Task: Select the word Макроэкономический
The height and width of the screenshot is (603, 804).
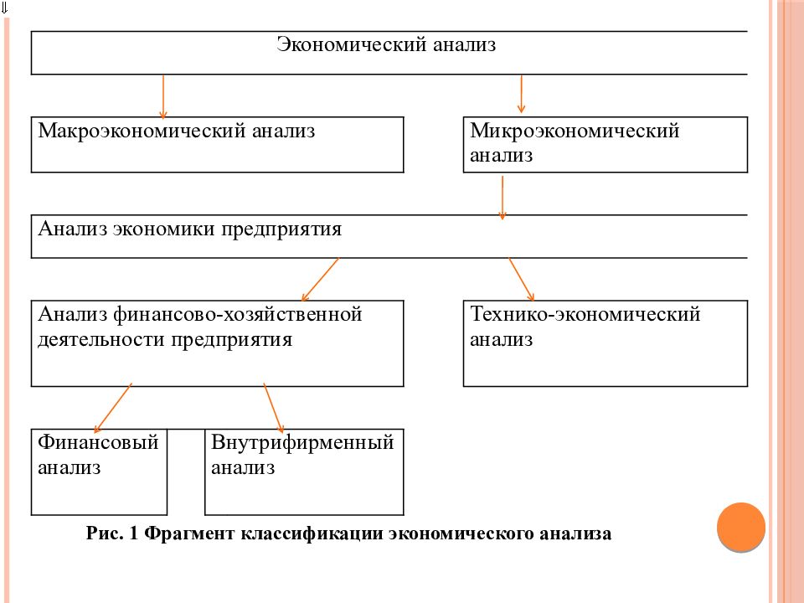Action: [x=142, y=131]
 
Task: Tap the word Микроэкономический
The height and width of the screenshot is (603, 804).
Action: [x=575, y=131]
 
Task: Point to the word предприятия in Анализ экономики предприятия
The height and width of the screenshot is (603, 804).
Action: [x=281, y=229]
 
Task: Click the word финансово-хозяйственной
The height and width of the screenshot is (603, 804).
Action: [x=237, y=314]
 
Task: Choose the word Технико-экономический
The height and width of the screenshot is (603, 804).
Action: [x=585, y=314]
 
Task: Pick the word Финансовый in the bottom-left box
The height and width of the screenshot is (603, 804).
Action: [x=98, y=442]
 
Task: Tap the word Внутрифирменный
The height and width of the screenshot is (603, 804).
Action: [x=302, y=442]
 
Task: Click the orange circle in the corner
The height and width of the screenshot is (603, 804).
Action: [x=741, y=527]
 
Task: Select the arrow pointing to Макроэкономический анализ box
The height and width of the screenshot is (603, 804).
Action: [x=163, y=97]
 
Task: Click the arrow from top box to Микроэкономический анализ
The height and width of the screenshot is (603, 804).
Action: [x=521, y=94]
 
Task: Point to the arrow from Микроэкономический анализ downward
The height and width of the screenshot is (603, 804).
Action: [x=502, y=198]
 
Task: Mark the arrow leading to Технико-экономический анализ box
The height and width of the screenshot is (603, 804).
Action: [x=522, y=280]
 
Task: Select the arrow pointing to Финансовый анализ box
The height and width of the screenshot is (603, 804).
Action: [x=113, y=408]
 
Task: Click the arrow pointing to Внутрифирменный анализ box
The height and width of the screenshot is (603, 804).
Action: [x=274, y=408]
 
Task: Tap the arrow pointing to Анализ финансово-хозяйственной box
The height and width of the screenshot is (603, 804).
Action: [x=320, y=280]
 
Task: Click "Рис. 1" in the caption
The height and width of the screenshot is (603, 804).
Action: [x=111, y=533]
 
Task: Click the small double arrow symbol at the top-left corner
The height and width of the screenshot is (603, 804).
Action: [x=4, y=8]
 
